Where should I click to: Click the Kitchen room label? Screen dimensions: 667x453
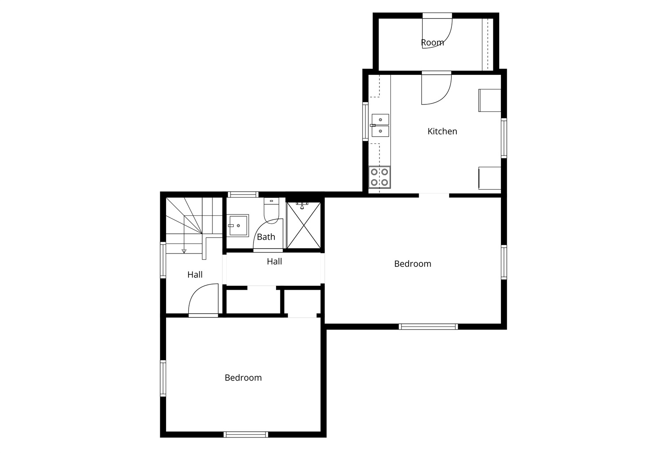point(442,131)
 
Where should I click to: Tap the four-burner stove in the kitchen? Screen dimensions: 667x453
point(379,177)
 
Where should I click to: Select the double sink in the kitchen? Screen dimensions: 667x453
point(380,125)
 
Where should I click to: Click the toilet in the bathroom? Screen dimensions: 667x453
point(271,211)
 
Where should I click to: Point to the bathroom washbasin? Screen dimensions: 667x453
point(238,226)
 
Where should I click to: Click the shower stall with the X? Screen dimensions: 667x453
point(303,226)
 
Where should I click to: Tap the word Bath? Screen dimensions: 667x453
point(266,237)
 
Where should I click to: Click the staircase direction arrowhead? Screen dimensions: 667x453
point(184,251)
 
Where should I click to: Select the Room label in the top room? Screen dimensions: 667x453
point(432,42)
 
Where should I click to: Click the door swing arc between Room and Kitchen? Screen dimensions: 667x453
point(443,96)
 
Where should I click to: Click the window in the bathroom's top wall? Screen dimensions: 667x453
point(243,195)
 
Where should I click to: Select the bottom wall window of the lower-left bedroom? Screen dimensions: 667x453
point(246,434)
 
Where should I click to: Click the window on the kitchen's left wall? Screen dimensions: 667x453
point(365,121)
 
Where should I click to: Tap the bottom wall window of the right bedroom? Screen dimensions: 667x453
point(428,326)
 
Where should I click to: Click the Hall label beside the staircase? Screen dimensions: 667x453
point(195,275)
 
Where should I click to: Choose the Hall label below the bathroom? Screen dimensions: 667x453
point(274,261)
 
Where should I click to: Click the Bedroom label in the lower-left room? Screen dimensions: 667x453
point(243,378)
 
